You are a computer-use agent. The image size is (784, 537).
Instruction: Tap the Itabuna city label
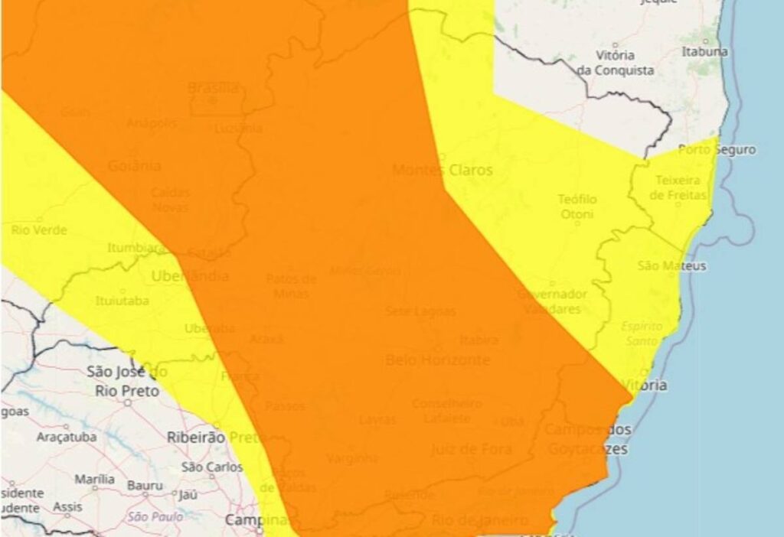pyautogui.click(x=704, y=52)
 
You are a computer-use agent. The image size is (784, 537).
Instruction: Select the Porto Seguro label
pyautogui.click(x=717, y=150)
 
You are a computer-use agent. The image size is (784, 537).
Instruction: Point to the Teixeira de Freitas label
pyautogui.click(x=678, y=187)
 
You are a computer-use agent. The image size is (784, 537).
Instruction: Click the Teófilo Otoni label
pyautogui.click(x=577, y=207)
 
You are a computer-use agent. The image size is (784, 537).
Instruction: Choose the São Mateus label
pyautogui.click(x=661, y=266)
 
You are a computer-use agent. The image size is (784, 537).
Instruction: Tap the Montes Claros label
pyautogui.click(x=442, y=170)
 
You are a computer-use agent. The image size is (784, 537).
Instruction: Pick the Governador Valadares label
pyautogui.click(x=552, y=301)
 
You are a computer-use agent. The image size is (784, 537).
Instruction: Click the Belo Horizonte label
pyautogui.click(x=437, y=360)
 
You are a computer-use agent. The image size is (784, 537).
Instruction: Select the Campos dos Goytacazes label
pyautogui.click(x=587, y=439)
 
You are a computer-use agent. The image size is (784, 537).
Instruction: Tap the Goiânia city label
pyautogui.click(x=135, y=165)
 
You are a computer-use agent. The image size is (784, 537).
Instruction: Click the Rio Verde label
pyautogui.click(x=39, y=229)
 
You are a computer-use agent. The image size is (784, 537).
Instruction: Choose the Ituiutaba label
pyautogui.click(x=122, y=301)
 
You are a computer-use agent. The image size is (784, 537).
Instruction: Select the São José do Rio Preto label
pyautogui.click(x=127, y=382)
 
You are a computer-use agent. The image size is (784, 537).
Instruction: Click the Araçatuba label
pyautogui.click(x=67, y=438)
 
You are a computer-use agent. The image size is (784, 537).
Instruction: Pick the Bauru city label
pyautogui.click(x=145, y=485)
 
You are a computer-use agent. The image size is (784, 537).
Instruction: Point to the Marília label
pyautogui.click(x=94, y=480)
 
